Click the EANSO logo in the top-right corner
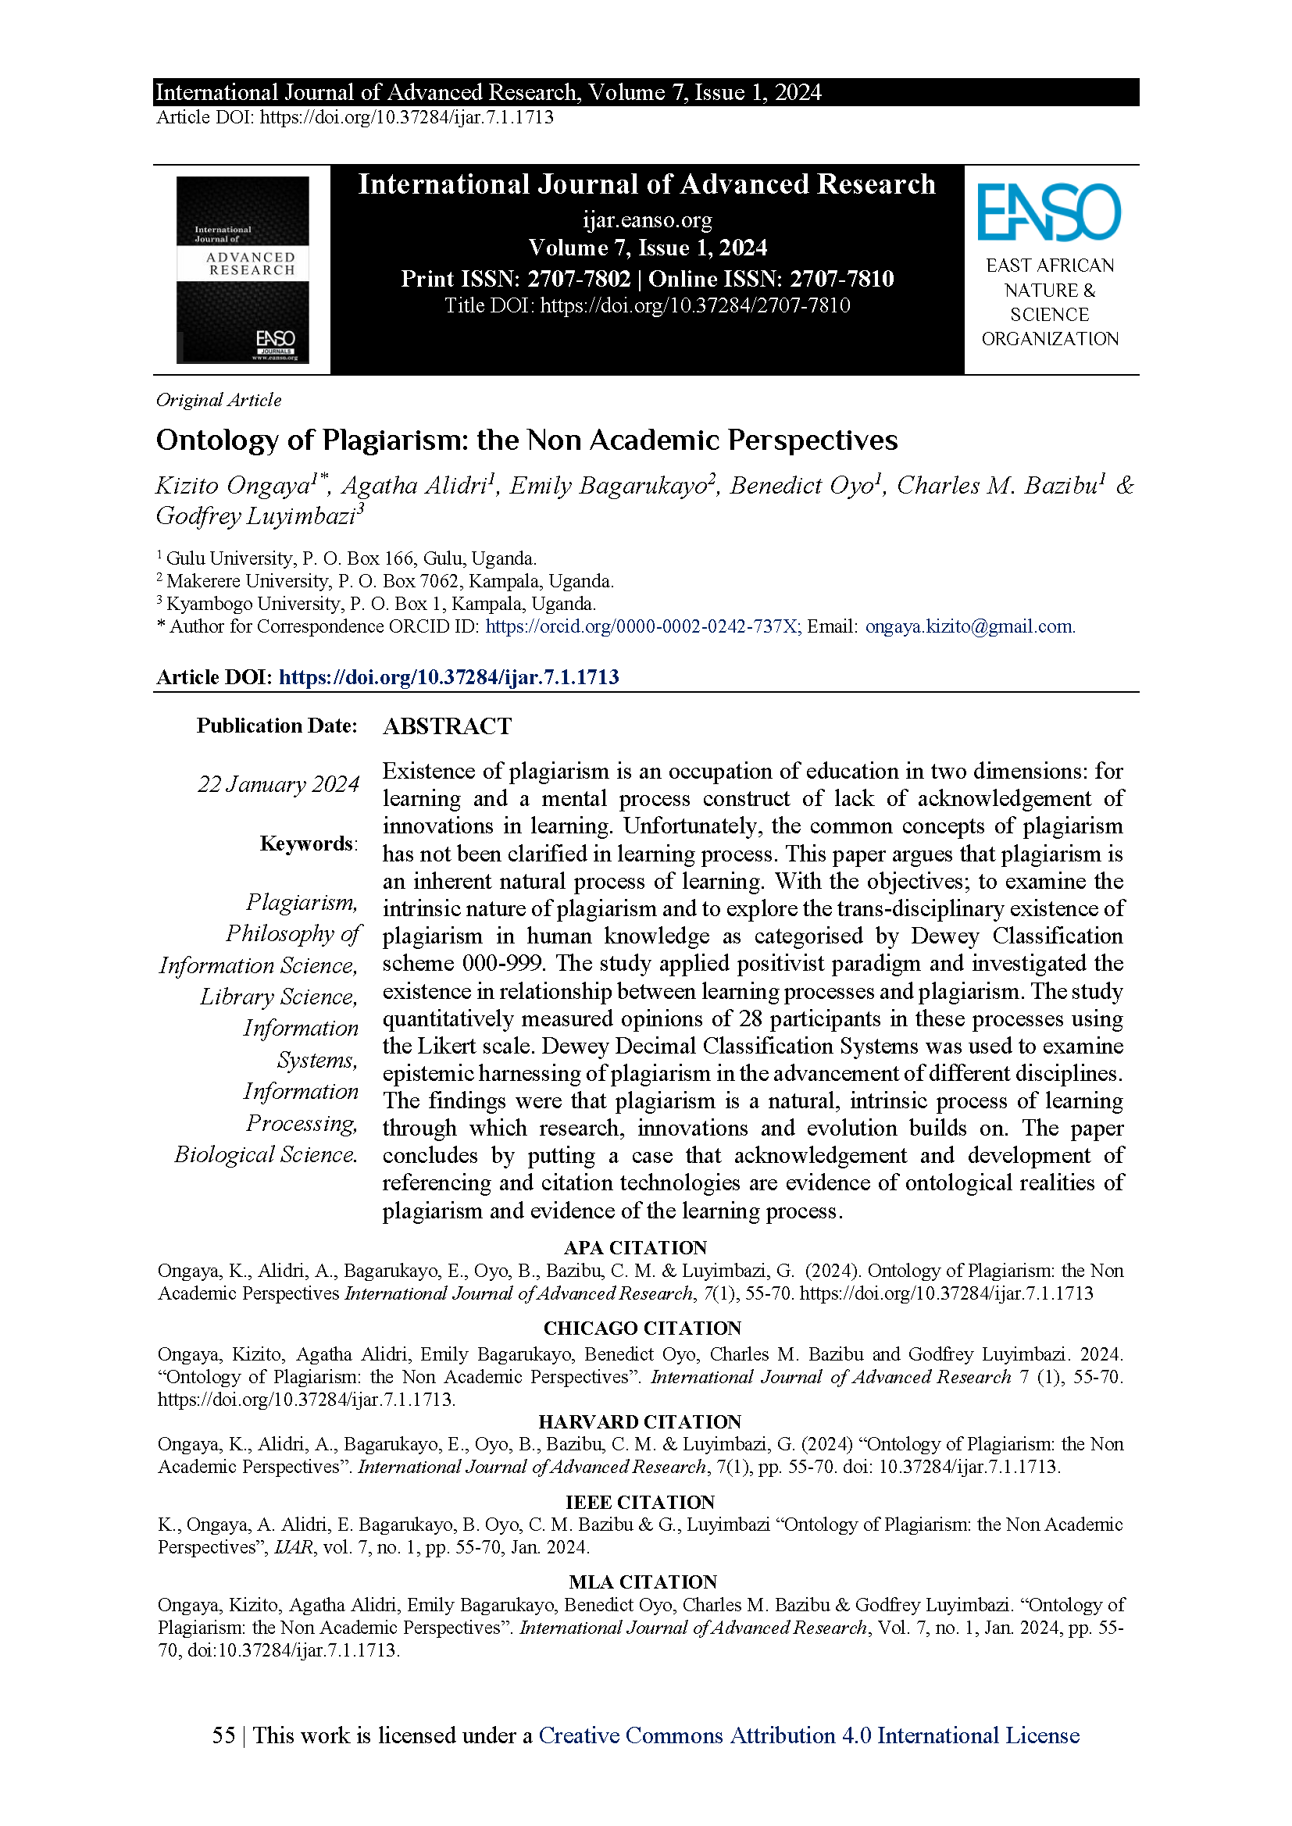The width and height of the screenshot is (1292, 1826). coord(1048,212)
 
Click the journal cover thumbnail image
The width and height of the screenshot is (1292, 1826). coord(243,269)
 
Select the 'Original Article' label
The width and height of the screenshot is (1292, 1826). coord(219,400)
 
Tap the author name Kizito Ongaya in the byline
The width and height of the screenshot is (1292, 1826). coord(232,485)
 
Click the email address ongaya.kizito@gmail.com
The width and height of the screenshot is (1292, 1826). coord(970,626)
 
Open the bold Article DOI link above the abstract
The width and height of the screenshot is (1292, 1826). coord(448,677)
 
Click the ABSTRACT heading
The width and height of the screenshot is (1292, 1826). coord(447,726)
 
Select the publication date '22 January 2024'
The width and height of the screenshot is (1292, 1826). coord(278,784)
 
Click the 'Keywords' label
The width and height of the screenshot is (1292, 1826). coord(307,843)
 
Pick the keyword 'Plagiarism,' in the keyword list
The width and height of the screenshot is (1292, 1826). coord(302,902)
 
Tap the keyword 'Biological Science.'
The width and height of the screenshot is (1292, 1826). coord(266,1154)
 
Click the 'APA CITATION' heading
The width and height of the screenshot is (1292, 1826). coord(635,1248)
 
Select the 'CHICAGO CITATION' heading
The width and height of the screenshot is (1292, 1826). coord(642,1328)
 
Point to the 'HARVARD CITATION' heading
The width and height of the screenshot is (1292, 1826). coord(640,1422)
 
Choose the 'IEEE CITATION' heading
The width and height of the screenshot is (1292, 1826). coord(640,1503)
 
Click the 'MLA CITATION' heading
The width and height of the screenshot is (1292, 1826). coord(643,1582)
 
